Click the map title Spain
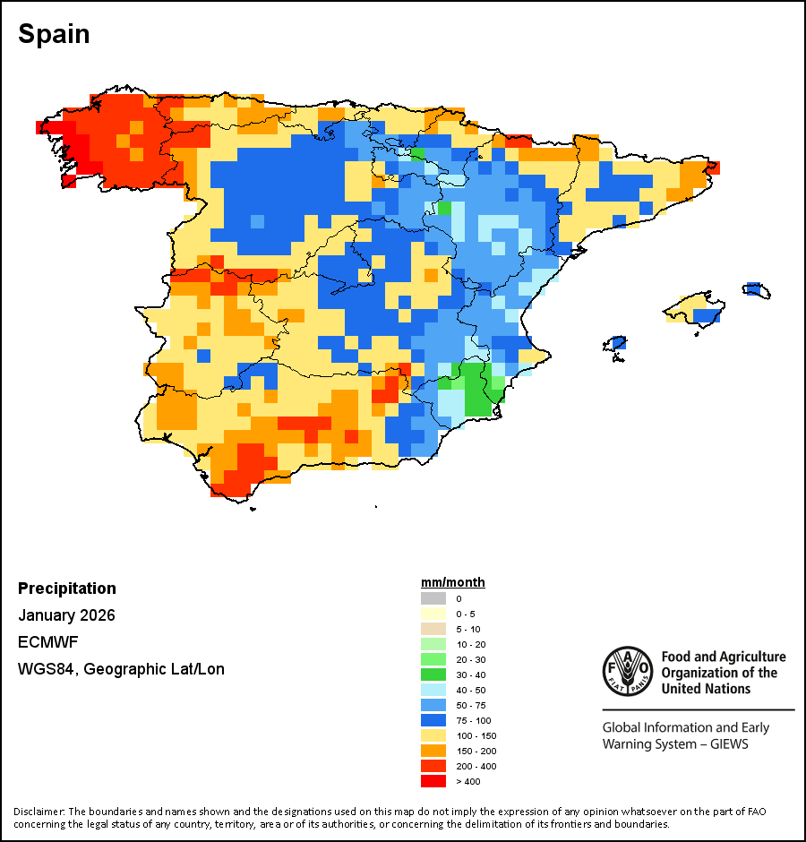(54, 34)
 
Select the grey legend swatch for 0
(433, 598)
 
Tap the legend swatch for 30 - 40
(433, 674)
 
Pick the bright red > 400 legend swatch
(433, 781)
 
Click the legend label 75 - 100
(474, 720)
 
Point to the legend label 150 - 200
(476, 751)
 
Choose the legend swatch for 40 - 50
(433, 690)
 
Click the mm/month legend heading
(453, 582)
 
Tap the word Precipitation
(67, 589)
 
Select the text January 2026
(66, 615)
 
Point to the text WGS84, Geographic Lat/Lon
(121, 669)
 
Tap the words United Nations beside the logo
(706, 689)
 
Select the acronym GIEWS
(727, 744)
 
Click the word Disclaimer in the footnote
(39, 812)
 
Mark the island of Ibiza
(614, 344)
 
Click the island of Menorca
(756, 289)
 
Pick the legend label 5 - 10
(468, 629)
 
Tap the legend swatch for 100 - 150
(433, 735)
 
